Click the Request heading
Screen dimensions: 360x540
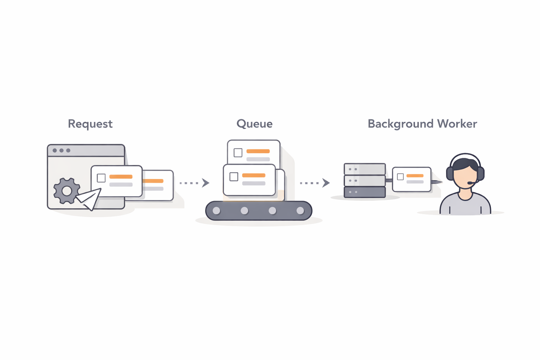coord(90,124)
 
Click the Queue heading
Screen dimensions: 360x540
coord(254,124)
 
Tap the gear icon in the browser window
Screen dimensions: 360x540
coord(66,191)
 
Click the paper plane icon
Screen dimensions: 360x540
coord(89,199)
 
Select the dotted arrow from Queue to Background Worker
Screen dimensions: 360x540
coord(314,183)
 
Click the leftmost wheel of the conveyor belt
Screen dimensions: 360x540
coord(217,211)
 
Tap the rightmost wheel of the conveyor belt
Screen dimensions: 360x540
coord(300,211)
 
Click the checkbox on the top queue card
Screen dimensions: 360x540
coord(238,153)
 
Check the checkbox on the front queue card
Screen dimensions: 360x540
coord(234,176)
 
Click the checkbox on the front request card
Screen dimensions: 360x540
coord(101,178)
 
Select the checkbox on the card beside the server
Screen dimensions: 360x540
coord(400,177)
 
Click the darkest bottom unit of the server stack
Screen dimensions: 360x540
coord(365,192)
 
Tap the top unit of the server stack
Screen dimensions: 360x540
coord(365,169)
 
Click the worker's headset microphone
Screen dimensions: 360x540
coord(470,183)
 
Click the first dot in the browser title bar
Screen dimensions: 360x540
coord(55,150)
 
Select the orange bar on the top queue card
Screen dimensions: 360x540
coord(258,151)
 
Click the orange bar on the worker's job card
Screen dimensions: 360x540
coord(415,175)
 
